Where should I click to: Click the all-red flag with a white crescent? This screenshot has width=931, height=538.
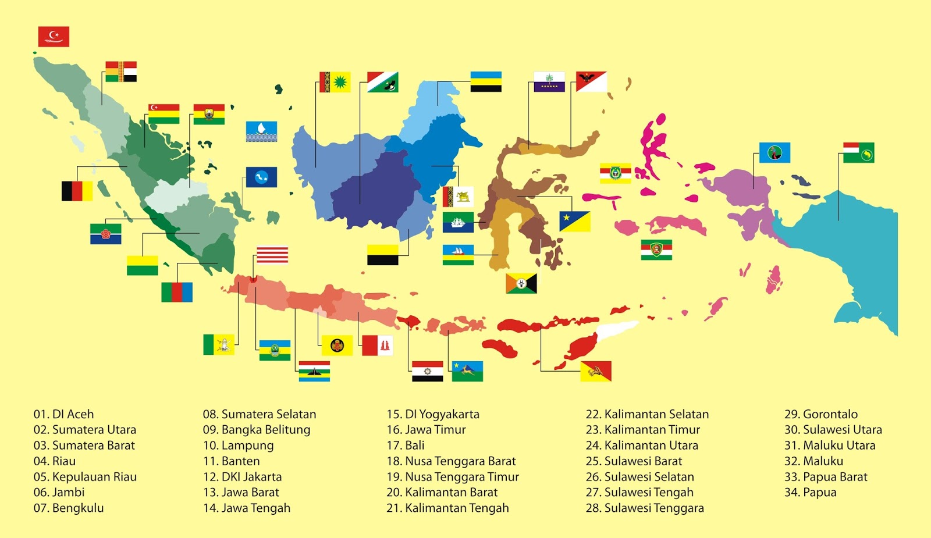(x=54, y=36)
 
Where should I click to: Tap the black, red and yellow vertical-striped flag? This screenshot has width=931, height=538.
(x=77, y=191)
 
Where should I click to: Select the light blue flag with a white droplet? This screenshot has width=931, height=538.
(x=261, y=131)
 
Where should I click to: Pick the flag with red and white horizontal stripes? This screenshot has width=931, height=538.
(x=272, y=255)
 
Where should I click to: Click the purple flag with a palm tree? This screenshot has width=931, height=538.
(x=549, y=81)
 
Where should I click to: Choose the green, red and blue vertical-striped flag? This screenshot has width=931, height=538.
(x=177, y=292)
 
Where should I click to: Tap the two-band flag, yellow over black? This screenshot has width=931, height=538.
(x=382, y=255)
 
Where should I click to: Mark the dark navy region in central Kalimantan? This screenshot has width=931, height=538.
(x=372, y=192)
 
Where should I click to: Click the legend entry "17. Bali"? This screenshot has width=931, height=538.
(x=406, y=446)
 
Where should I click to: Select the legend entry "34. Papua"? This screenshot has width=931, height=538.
(x=810, y=493)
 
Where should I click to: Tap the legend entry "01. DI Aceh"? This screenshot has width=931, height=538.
(x=63, y=414)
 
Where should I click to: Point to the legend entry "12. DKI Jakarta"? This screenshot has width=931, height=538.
(x=242, y=477)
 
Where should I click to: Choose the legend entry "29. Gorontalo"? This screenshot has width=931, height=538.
(x=820, y=414)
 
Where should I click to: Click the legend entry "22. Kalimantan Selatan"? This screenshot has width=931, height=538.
(x=647, y=414)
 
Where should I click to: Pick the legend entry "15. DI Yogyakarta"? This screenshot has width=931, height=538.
(x=433, y=414)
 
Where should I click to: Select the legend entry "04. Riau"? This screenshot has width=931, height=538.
(x=55, y=461)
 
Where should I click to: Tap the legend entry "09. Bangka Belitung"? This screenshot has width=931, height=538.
(x=256, y=430)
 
